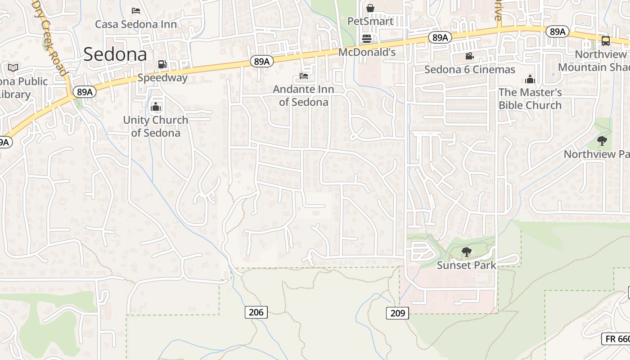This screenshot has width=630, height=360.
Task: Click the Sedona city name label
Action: (115, 54)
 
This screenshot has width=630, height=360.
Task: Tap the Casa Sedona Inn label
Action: (136, 24)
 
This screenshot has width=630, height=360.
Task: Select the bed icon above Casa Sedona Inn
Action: (136, 10)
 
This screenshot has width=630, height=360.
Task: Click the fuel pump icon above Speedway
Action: (162, 64)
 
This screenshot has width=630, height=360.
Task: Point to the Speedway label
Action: (162, 78)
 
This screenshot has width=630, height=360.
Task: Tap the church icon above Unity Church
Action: (156, 107)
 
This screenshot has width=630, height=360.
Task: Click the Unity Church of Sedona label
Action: (156, 126)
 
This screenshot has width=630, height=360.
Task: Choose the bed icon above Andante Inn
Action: (304, 76)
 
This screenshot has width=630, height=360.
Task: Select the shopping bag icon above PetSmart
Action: (370, 8)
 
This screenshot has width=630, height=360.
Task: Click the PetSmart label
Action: (370, 21)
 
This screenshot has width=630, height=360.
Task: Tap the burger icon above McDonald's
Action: (367, 39)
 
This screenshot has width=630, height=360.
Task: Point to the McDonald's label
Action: (367, 52)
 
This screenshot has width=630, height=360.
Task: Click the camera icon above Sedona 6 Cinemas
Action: (469, 56)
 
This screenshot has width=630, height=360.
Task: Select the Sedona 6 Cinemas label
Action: (470, 70)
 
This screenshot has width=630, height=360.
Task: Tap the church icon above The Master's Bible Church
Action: (530, 80)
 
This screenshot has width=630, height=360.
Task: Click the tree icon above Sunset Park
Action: (467, 252)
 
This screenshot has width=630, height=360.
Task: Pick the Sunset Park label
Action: (467, 265)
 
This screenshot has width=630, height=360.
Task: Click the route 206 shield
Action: (256, 312)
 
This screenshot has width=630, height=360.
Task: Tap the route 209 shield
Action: (397, 313)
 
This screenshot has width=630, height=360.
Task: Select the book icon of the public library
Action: (13, 68)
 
